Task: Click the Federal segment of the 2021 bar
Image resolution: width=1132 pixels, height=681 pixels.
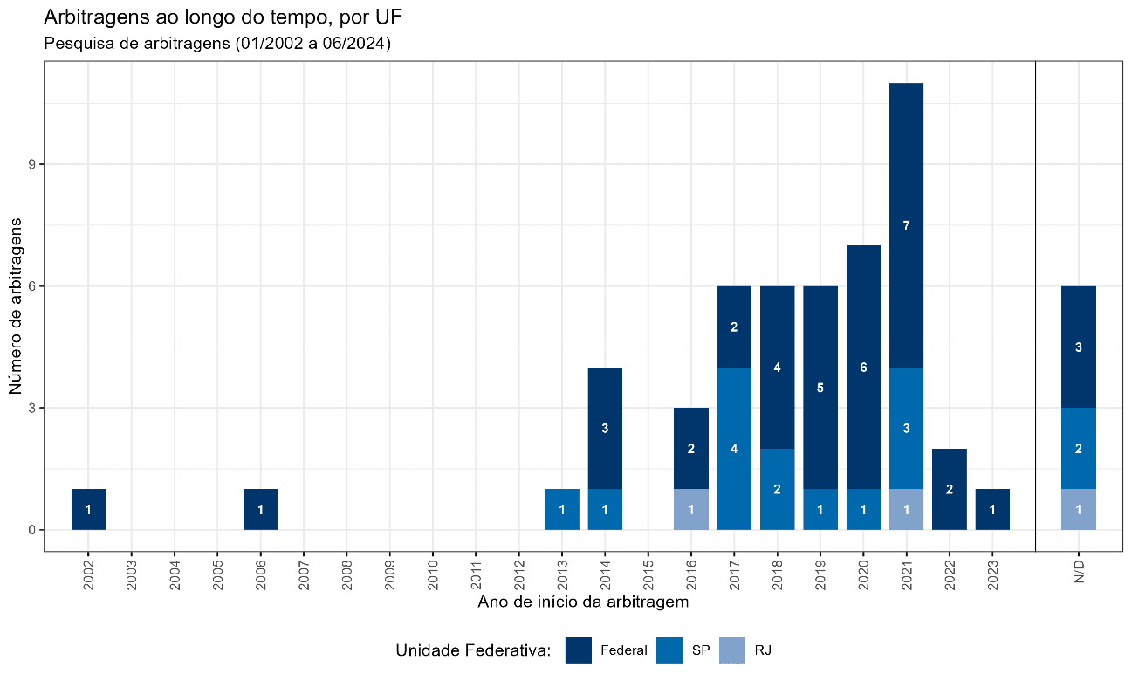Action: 907,225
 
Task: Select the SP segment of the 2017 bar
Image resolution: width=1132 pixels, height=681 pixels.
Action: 734,449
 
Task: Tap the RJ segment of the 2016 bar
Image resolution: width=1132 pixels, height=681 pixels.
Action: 691,510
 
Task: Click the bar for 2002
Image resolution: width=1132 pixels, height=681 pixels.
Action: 88,510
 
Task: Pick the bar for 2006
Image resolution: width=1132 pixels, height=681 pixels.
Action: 260,510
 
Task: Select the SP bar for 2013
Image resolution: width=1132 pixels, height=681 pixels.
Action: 562,510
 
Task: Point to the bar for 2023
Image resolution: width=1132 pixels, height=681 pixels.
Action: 992,510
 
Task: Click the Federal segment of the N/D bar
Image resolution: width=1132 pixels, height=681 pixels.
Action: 1079,347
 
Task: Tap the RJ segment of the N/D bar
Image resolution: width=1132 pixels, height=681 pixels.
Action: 1079,510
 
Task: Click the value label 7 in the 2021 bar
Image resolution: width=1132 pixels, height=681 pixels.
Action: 907,226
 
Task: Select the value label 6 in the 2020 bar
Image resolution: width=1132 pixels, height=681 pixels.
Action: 863,368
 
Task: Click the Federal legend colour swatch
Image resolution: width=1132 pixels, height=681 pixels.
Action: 579,650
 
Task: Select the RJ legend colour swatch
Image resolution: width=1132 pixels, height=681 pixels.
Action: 733,650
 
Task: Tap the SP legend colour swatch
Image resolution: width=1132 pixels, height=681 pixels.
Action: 669,650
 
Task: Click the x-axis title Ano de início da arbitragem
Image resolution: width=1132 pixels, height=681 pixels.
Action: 583,602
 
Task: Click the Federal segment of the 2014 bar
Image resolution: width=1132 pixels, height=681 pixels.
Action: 605,429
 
